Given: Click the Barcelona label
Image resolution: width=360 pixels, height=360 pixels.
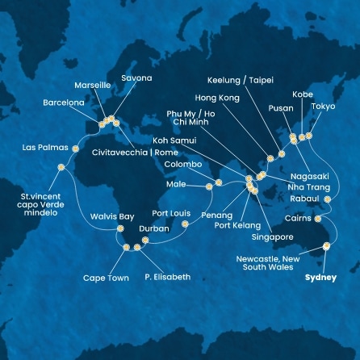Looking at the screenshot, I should point(64,103).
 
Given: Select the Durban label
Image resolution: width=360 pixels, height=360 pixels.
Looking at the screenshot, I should point(154,229).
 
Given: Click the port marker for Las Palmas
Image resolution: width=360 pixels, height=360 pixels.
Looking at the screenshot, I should point(76,149).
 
